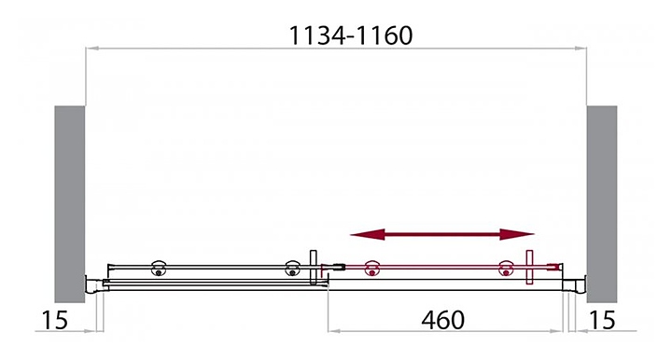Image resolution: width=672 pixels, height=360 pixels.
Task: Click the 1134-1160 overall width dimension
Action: [351, 35]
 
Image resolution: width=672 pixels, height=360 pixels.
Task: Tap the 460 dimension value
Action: [442, 320]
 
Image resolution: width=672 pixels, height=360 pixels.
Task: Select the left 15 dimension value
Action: [55, 320]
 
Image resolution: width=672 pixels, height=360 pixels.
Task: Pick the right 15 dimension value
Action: [602, 320]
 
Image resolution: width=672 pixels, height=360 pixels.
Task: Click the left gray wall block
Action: [69, 204]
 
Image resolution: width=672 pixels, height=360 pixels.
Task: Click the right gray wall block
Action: [602, 204]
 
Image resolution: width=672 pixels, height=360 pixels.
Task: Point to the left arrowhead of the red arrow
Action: [368, 234]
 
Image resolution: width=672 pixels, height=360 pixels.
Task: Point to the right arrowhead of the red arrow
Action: [517, 234]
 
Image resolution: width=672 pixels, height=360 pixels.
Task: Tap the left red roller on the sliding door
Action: [371, 269]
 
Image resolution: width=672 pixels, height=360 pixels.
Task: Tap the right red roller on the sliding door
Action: [506, 269]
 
